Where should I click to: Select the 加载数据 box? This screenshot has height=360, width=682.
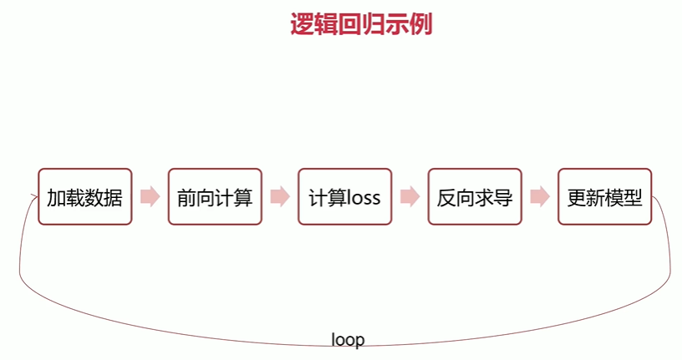click(x=84, y=197)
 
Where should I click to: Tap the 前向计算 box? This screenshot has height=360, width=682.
click(x=215, y=197)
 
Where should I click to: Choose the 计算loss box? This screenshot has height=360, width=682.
click(x=344, y=197)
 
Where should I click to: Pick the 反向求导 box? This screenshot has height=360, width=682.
click(x=475, y=197)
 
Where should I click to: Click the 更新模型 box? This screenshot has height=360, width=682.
click(x=604, y=197)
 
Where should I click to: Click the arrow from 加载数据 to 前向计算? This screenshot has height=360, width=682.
click(x=150, y=197)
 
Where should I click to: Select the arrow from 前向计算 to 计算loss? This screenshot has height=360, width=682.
click(x=280, y=197)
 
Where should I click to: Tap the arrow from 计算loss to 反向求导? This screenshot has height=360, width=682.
click(x=410, y=197)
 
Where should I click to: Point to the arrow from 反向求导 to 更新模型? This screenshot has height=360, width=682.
click(x=540, y=197)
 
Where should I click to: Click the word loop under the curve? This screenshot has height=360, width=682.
click(x=348, y=340)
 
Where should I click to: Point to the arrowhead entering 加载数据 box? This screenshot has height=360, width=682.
click(x=33, y=198)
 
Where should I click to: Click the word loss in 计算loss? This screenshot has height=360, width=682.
click(x=359, y=198)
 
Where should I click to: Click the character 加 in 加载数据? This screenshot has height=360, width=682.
click(x=56, y=198)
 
